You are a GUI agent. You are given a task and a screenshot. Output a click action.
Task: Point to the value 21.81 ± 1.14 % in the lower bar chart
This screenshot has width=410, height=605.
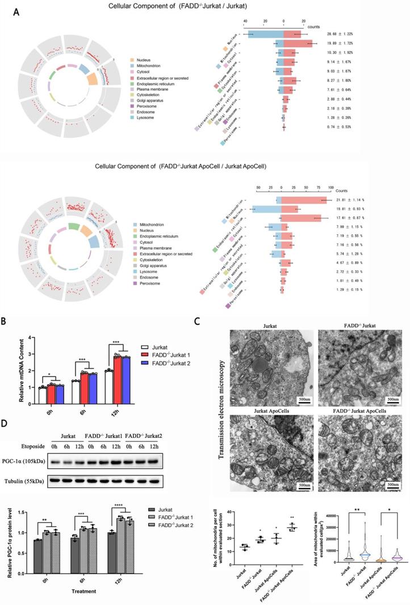point(358,200)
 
